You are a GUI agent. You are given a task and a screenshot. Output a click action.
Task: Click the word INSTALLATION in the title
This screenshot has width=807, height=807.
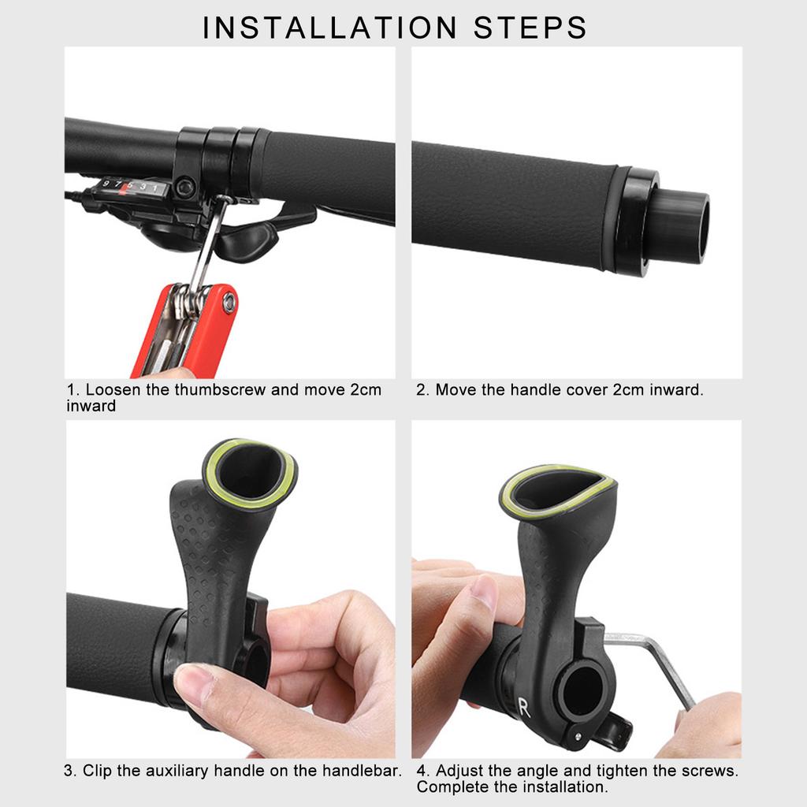coord(329,27)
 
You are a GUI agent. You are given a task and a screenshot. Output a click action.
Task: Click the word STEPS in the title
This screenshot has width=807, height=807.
coord(530,27)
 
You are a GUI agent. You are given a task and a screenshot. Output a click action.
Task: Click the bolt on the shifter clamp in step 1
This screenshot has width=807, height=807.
coord(186,188)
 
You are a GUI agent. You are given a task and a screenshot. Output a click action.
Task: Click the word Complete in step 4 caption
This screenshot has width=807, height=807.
coord(449,787)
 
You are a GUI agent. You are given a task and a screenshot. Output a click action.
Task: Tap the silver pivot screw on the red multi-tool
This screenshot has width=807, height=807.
coord(229,299)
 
